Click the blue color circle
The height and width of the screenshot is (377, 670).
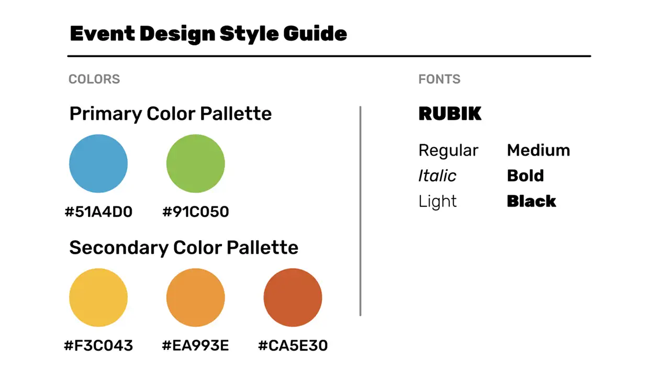pos(98,163)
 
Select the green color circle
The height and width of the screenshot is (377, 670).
pos(195,163)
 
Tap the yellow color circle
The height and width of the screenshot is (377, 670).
pos(98,297)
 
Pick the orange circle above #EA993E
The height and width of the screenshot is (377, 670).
pos(195,297)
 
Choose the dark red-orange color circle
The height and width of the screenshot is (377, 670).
pos(293,297)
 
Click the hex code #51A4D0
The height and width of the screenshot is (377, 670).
pos(98,212)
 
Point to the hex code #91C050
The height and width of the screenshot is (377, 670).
pos(195,212)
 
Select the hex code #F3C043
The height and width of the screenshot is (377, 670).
pos(98,346)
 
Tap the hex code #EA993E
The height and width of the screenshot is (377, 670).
pos(195,346)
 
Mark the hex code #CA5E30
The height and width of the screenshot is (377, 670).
pos(293,346)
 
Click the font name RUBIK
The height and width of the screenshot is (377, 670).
pos(450,114)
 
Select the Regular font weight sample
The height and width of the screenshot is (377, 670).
pos(448,151)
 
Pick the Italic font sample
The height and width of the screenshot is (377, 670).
pos(437,176)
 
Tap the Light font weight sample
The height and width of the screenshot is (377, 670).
pos(438,201)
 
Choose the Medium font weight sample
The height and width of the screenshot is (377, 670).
pos(538,151)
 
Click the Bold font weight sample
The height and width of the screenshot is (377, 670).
pos(525,176)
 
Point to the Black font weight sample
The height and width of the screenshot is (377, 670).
pos(531,201)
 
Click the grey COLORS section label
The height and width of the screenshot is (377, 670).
pos(94,79)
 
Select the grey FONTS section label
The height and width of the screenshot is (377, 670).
pos(439,79)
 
